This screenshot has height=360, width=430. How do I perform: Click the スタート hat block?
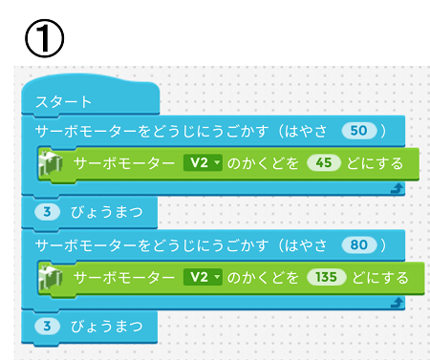click(x=63, y=102)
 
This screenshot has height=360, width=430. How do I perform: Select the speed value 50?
click(x=359, y=129)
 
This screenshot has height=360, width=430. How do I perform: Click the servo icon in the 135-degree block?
click(x=50, y=279)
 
